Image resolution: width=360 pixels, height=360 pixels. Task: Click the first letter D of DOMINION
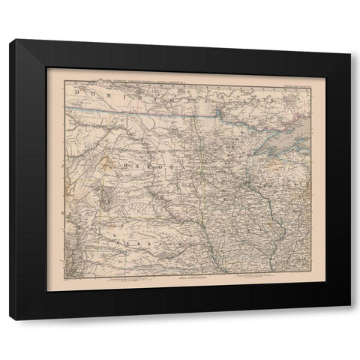78,96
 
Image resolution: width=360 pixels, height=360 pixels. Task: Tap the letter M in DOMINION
112,96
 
